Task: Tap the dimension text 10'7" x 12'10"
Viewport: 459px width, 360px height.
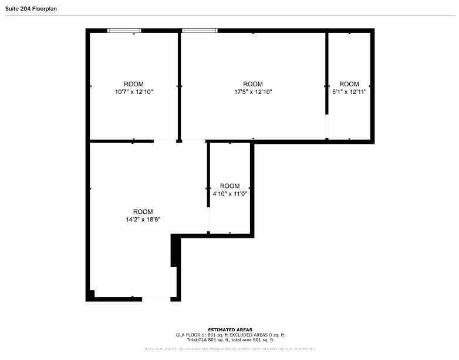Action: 133,92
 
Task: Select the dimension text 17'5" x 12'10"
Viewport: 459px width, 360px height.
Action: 253,92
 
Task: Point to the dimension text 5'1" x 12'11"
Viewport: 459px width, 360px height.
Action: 349,92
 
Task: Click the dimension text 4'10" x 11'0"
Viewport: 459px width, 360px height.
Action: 230,194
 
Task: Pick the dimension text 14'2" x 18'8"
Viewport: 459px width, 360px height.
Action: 143,220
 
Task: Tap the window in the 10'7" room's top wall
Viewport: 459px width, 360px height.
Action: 124,31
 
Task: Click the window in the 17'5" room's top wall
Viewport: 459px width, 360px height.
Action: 200,31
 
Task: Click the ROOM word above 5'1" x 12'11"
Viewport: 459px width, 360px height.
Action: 349,84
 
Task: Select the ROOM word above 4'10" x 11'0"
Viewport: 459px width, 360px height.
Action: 230,186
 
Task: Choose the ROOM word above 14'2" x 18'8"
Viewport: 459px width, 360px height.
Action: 143,212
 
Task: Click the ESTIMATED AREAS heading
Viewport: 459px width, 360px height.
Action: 230,330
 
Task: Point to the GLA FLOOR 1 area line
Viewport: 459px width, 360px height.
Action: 230,335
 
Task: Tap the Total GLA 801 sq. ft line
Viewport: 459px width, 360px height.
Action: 230,339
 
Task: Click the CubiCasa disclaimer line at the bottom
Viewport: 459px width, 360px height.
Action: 230,349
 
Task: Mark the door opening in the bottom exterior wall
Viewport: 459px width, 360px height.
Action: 156,299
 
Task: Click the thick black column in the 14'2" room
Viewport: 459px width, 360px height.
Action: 174,251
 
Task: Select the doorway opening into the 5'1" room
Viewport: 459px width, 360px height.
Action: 327,126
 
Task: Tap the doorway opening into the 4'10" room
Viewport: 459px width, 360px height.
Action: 208,220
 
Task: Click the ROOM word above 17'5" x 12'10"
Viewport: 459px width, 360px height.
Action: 253,84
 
